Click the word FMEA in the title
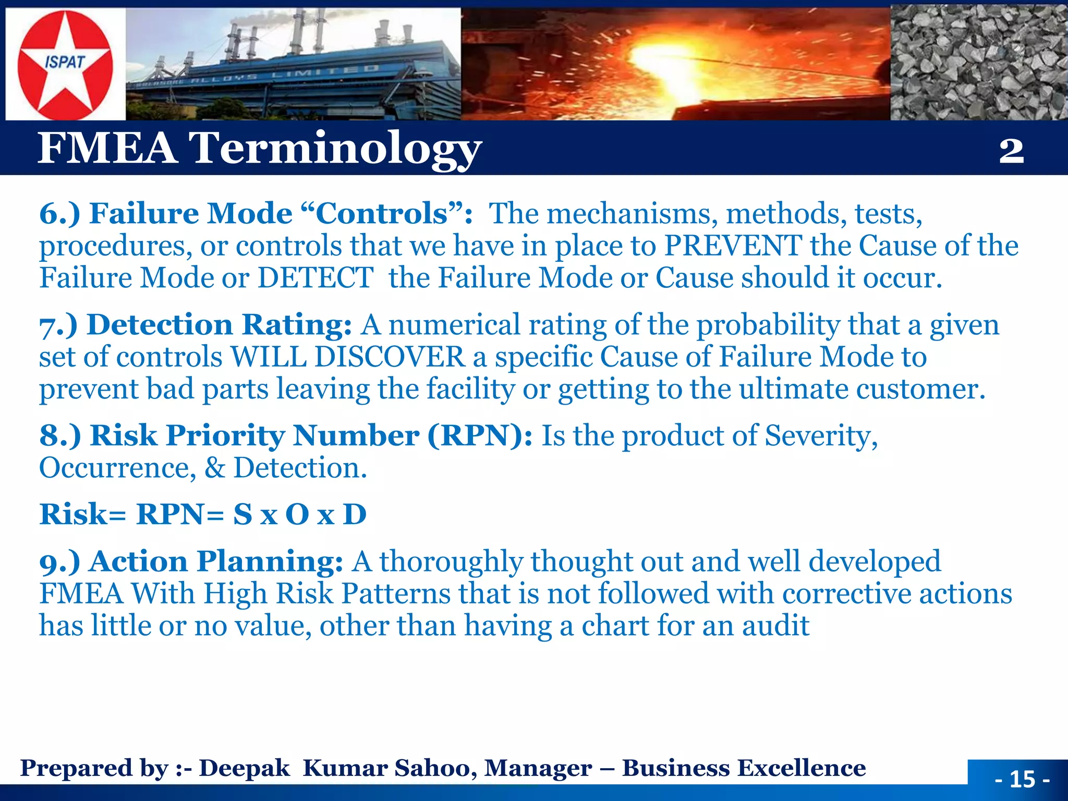point(107,148)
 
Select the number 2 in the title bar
point(1011,151)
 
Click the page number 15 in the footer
point(1022,780)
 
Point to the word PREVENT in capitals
point(733,246)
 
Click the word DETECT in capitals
point(315,277)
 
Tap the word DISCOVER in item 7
point(389,357)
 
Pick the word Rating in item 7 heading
point(297,325)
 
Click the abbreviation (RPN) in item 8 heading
point(480,436)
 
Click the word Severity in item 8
point(821,436)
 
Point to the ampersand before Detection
point(214,468)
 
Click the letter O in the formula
point(297,515)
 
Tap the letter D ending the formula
point(355,515)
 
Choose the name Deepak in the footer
point(244,768)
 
